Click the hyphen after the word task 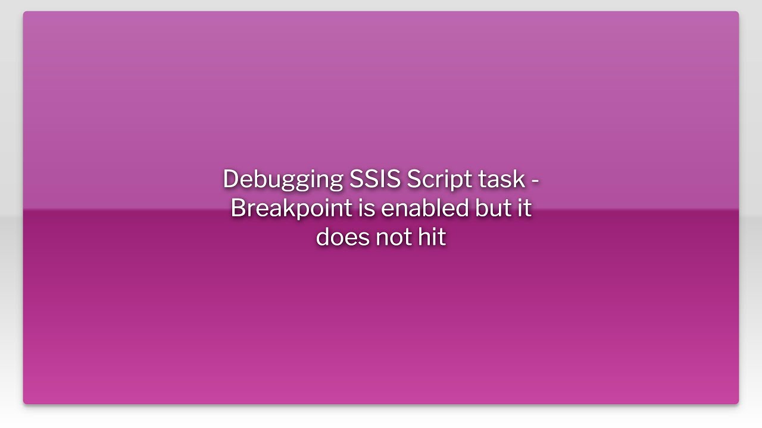535,181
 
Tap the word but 494,208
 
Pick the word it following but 524,208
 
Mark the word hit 433,237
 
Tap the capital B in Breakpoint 238,208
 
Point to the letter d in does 323,237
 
